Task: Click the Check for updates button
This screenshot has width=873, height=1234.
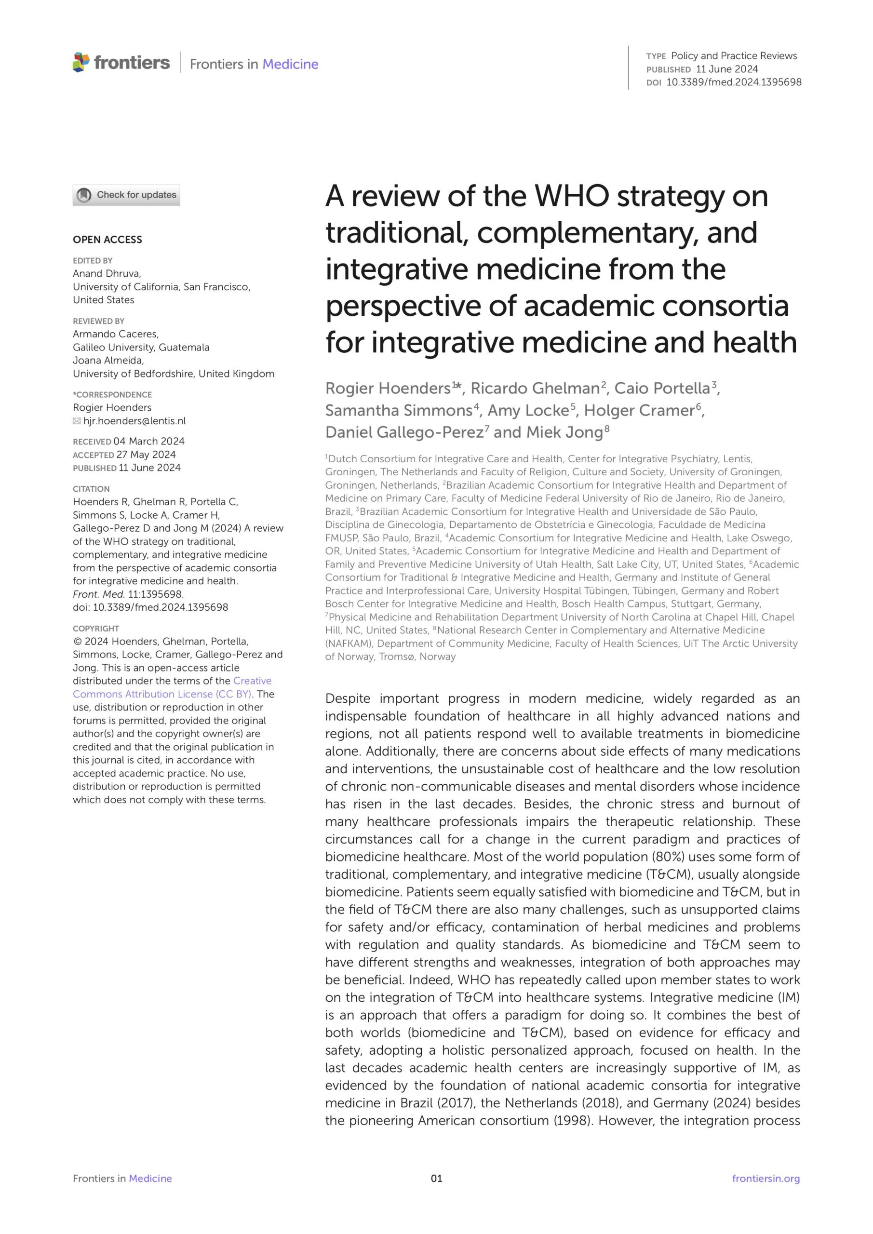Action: (x=126, y=195)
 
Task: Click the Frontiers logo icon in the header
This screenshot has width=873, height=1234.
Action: (x=81, y=62)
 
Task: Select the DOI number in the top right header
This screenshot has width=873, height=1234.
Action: (x=734, y=82)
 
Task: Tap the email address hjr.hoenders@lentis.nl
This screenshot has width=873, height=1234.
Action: (x=134, y=421)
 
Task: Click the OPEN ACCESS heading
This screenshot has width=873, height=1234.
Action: (x=107, y=240)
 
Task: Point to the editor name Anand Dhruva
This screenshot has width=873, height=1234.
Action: (x=107, y=274)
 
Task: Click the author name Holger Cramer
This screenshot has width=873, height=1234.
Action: (x=639, y=411)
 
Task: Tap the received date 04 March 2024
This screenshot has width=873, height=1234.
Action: (x=149, y=441)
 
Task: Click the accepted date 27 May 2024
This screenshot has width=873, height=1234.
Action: (x=146, y=455)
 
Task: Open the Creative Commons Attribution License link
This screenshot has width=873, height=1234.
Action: (x=172, y=687)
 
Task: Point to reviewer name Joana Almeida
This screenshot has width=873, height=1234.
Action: (x=107, y=361)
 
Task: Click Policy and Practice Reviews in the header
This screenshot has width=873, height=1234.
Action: (x=734, y=56)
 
